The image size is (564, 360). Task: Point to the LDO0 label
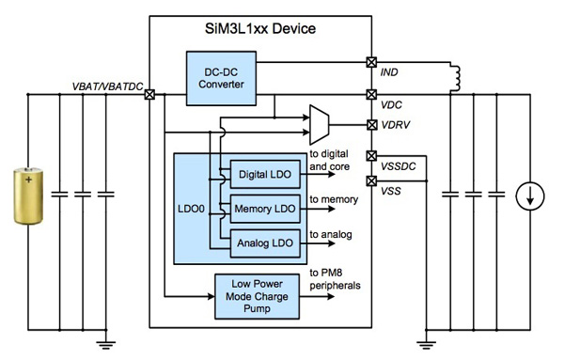tap(193, 208)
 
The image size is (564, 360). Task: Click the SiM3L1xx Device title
tap(260, 29)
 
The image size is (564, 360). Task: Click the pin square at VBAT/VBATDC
tap(150, 94)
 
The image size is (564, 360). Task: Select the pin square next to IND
tap(370, 63)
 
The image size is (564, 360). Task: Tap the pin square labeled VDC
tap(370, 94)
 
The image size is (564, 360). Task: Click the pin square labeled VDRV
tap(370, 123)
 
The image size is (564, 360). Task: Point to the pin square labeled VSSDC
tap(370, 156)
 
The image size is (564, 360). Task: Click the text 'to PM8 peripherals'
tap(337, 279)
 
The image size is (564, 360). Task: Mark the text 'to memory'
tap(334, 200)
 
